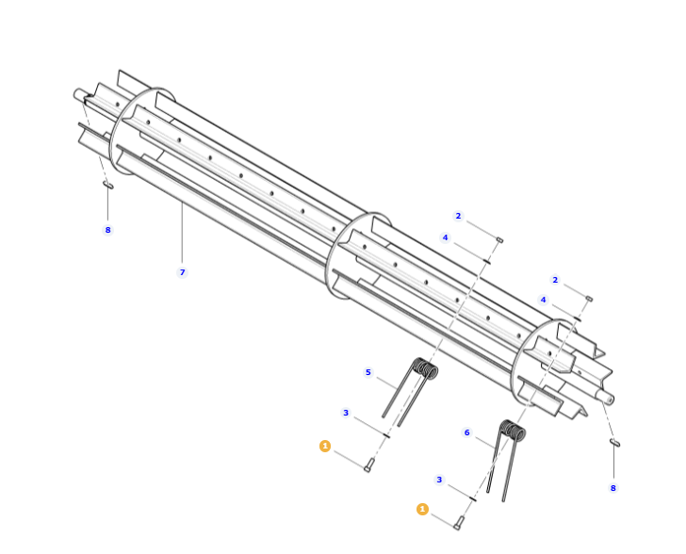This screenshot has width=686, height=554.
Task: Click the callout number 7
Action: tap(183, 272)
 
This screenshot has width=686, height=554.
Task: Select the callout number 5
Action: tap(367, 372)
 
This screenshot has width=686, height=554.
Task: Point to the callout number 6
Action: tap(466, 432)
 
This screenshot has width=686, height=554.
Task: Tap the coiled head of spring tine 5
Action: tap(426, 367)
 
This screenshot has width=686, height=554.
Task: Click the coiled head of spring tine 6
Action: tap(513, 430)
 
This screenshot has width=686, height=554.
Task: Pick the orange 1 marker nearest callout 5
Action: tap(325, 446)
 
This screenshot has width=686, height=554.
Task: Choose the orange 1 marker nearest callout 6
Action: tap(422, 509)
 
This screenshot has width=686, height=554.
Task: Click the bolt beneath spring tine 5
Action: tap(368, 464)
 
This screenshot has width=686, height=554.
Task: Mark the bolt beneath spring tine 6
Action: tap(458, 523)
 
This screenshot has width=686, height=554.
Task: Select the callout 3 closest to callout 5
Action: tap(346, 413)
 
